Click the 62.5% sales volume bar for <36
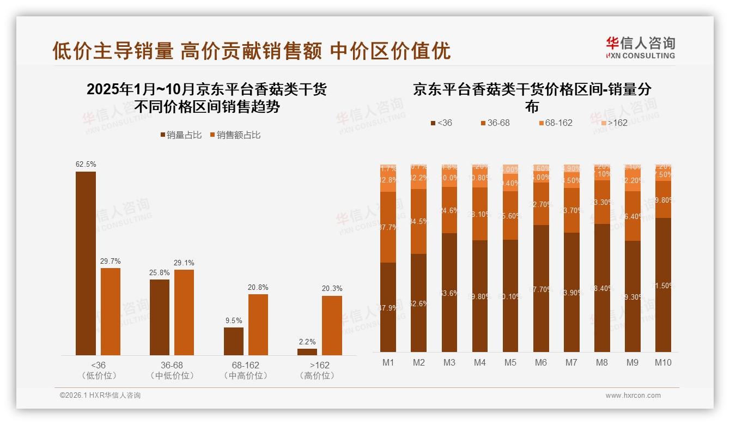pyautogui.click(x=86, y=263)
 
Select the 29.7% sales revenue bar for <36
pyautogui.click(x=111, y=311)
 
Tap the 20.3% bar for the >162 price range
pyautogui.click(x=332, y=325)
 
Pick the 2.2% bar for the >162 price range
pyautogui.click(x=307, y=352)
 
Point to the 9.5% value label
pyautogui.click(x=234, y=320)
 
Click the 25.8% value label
pyautogui.click(x=160, y=272)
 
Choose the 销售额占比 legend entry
pyautogui.click(x=235, y=135)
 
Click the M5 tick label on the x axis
pyautogui.click(x=510, y=362)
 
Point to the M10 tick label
pyautogui.click(x=663, y=362)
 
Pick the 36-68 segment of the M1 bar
pyautogui.click(x=388, y=227)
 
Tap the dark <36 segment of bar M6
pyautogui.click(x=541, y=288)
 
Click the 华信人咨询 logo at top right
pyautogui.click(x=640, y=47)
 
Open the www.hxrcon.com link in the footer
pyautogui.click(x=633, y=396)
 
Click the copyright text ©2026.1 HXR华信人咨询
pyautogui.click(x=100, y=396)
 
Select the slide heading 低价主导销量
pyautogui.click(x=113, y=51)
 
